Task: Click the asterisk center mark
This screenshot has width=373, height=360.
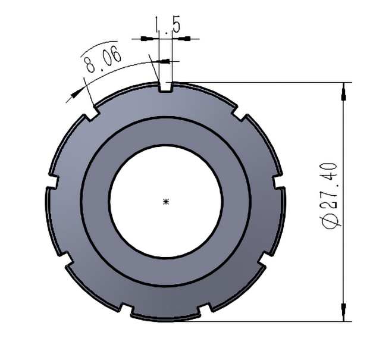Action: [x=166, y=202]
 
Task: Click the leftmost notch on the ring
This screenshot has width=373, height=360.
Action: [x=51, y=181]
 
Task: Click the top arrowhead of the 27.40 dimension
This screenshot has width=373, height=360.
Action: [x=343, y=93]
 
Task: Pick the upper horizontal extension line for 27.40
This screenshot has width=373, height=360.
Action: [x=262, y=82]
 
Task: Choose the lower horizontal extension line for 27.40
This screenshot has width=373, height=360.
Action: [x=262, y=321]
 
